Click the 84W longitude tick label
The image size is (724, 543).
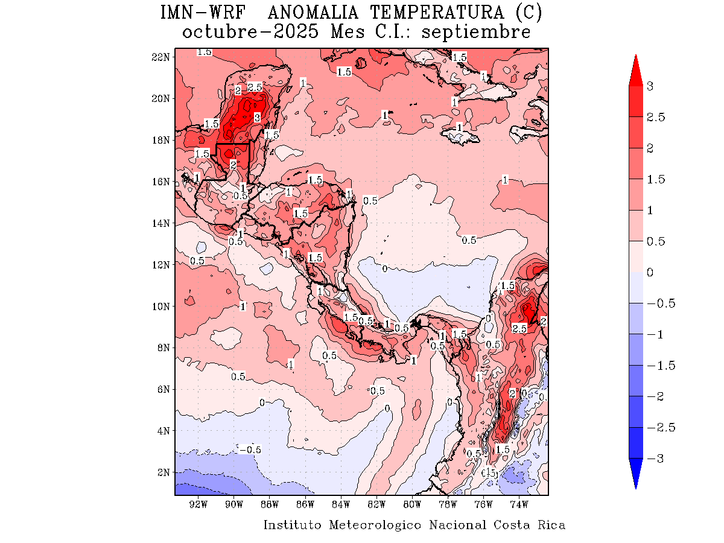click(341, 504)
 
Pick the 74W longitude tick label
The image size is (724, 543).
click(519, 504)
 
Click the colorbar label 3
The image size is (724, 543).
click(650, 86)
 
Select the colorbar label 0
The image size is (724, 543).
click(650, 273)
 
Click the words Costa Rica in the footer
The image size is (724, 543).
click(530, 525)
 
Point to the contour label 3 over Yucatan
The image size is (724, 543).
click(257, 116)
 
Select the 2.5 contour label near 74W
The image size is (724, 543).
click(519, 329)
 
